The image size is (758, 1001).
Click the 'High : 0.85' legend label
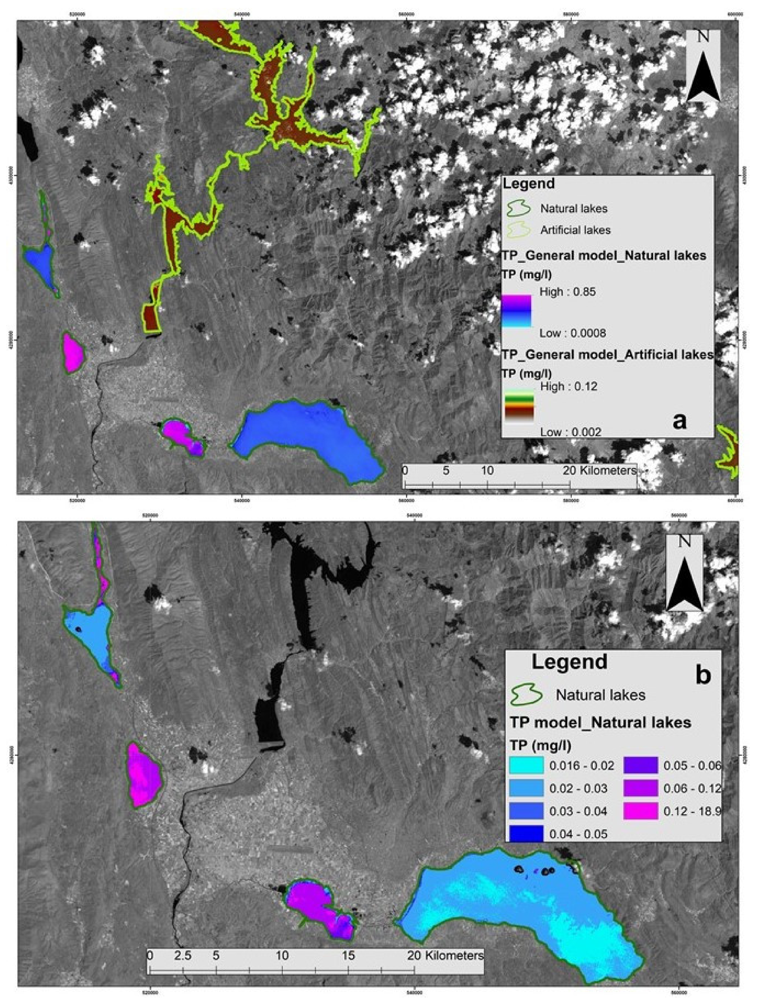568,292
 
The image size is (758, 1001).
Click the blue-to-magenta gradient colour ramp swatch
516,311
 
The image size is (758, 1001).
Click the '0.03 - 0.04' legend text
578,811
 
